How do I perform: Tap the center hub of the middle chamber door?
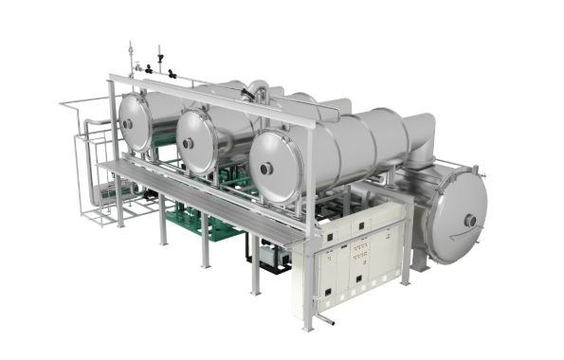click(188, 142)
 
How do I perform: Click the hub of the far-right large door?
click(469, 221)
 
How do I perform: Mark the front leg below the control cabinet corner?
click(307, 317)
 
